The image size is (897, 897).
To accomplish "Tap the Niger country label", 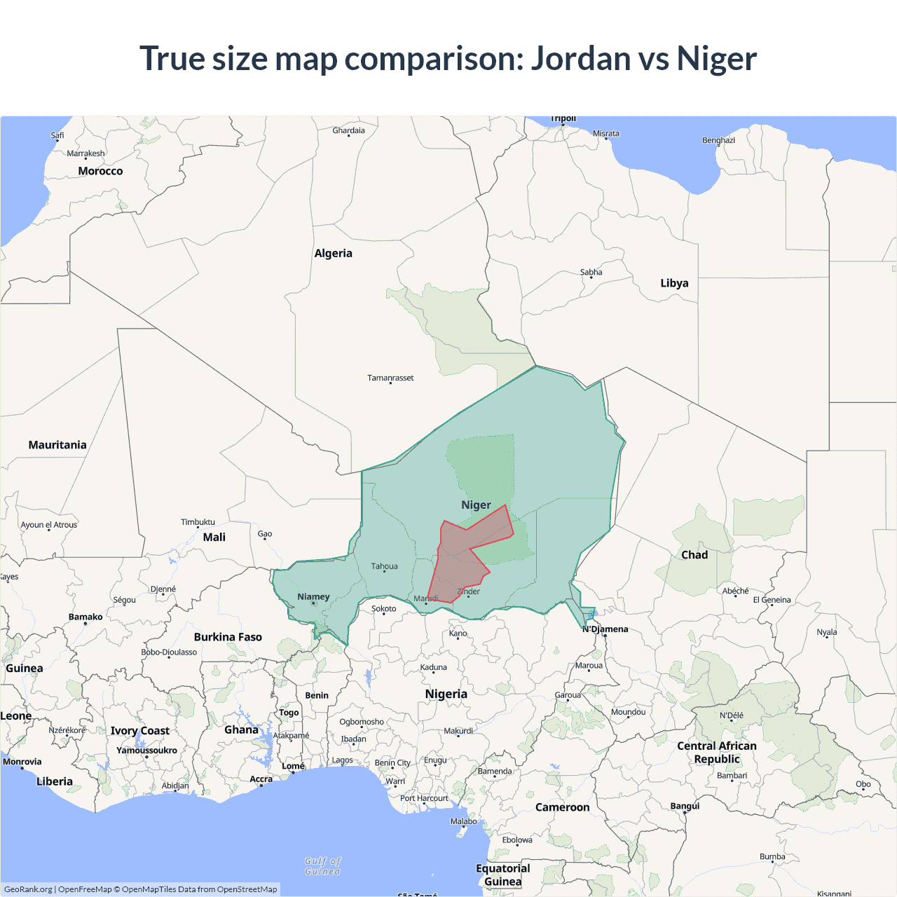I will (x=476, y=505).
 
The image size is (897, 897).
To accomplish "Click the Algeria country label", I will (x=333, y=253).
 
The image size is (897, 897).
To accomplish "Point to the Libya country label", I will (x=674, y=283).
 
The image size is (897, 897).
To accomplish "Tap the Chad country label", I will (x=694, y=554).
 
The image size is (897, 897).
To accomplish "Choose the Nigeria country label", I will (x=446, y=694).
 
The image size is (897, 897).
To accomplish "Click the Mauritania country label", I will (x=57, y=445).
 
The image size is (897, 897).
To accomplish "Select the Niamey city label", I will (x=313, y=597).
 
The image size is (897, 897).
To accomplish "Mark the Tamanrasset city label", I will (x=390, y=378).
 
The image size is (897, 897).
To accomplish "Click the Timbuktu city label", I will (x=198, y=522).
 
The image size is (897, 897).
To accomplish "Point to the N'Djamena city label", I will (x=605, y=629).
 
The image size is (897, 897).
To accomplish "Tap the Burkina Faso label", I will (x=228, y=637).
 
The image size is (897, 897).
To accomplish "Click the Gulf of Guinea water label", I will (x=323, y=866).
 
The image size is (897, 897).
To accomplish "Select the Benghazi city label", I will (x=718, y=140).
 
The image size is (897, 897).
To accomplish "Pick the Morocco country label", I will (x=100, y=171).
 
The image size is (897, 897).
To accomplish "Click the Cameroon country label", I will (x=562, y=807).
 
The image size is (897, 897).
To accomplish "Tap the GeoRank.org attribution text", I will (x=28, y=889).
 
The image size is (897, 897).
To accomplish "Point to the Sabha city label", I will (x=591, y=272).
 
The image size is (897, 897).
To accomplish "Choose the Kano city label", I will (x=458, y=634).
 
